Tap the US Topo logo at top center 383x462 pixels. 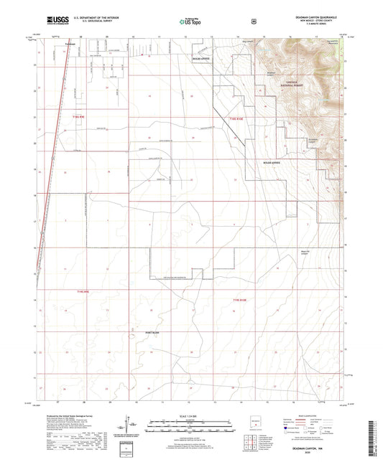pos(191,22)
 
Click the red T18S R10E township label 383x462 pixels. pos(238,118)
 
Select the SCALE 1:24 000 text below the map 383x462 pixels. pos(191,415)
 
